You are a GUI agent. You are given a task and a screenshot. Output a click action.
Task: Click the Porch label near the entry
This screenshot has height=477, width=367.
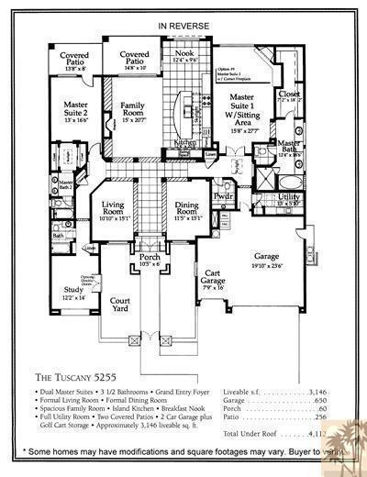click(x=150, y=260)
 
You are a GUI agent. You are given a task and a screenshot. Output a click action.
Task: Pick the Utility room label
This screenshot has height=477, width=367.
click(x=289, y=198)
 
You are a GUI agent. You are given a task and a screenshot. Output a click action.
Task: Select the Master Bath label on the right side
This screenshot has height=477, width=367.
click(x=290, y=146)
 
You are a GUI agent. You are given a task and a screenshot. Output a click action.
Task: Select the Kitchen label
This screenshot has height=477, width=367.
click(x=185, y=143)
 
